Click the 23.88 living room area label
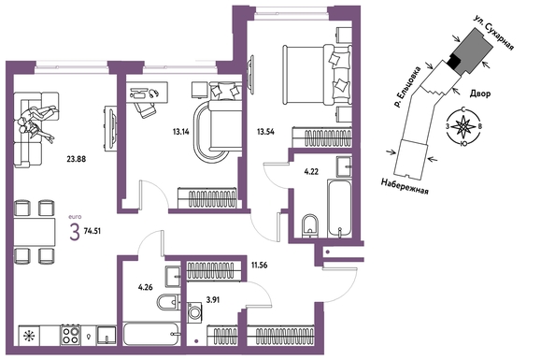point(77,159)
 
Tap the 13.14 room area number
point(181,132)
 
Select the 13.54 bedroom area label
point(265,132)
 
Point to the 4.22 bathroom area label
point(311,172)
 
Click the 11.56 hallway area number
point(260,265)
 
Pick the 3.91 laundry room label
point(213,300)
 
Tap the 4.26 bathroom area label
point(146,287)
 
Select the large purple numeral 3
point(75,232)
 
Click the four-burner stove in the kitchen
point(70,335)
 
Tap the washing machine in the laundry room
point(194,312)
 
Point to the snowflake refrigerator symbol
point(29,336)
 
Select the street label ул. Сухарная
point(494,33)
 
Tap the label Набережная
point(405,186)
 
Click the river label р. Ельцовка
point(407,86)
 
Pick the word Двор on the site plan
point(480,94)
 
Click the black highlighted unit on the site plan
point(453,63)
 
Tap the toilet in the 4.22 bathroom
point(311,225)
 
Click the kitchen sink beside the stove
point(107,335)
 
